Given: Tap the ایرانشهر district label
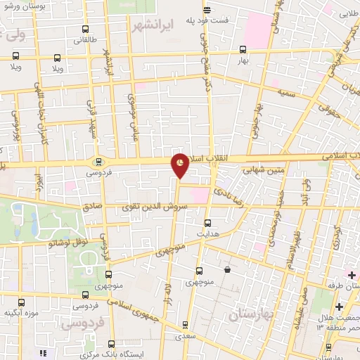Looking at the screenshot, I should pyautogui.click(x=153, y=26).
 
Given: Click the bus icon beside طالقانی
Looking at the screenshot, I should pyautogui.click(x=86, y=30).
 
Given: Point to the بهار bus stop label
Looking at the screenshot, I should pyautogui.click(x=244, y=62).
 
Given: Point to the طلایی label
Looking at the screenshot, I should pyautogui.click(x=349, y=13).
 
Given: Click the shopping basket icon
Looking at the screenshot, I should pyautogui.click(x=227, y=270).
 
